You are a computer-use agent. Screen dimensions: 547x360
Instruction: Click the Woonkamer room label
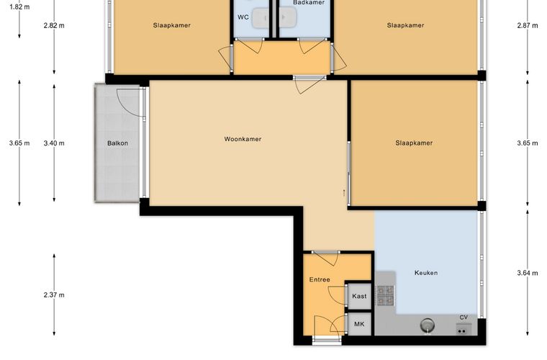[x=243, y=139]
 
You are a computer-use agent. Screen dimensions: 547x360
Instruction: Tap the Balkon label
[x=117, y=143]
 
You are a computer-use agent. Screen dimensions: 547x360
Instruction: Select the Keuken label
[x=426, y=273]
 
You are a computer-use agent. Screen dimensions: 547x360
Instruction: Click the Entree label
[x=320, y=279]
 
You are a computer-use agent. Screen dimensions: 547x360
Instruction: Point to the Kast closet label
[x=359, y=296]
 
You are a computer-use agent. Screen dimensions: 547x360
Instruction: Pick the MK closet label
[x=359, y=324]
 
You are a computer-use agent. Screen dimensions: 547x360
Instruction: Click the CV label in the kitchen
[x=464, y=317]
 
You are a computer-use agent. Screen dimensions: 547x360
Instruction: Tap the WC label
[x=243, y=17]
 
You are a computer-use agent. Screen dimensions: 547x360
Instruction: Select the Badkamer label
[x=309, y=2]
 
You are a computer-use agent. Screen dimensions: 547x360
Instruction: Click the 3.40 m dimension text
[x=54, y=143]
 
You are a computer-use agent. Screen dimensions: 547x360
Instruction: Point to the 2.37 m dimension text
[x=54, y=294]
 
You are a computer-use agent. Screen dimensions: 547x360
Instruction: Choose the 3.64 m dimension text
[x=528, y=273]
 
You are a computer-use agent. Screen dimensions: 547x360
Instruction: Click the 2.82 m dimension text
[x=54, y=25]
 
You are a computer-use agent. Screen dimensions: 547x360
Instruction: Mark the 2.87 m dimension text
[x=528, y=25]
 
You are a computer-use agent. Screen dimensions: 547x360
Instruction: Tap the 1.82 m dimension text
[x=19, y=6]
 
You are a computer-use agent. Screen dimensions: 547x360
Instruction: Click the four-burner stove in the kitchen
[x=386, y=295]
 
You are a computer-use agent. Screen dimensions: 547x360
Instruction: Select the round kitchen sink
[x=428, y=325]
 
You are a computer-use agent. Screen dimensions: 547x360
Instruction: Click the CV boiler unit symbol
[x=464, y=328]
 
